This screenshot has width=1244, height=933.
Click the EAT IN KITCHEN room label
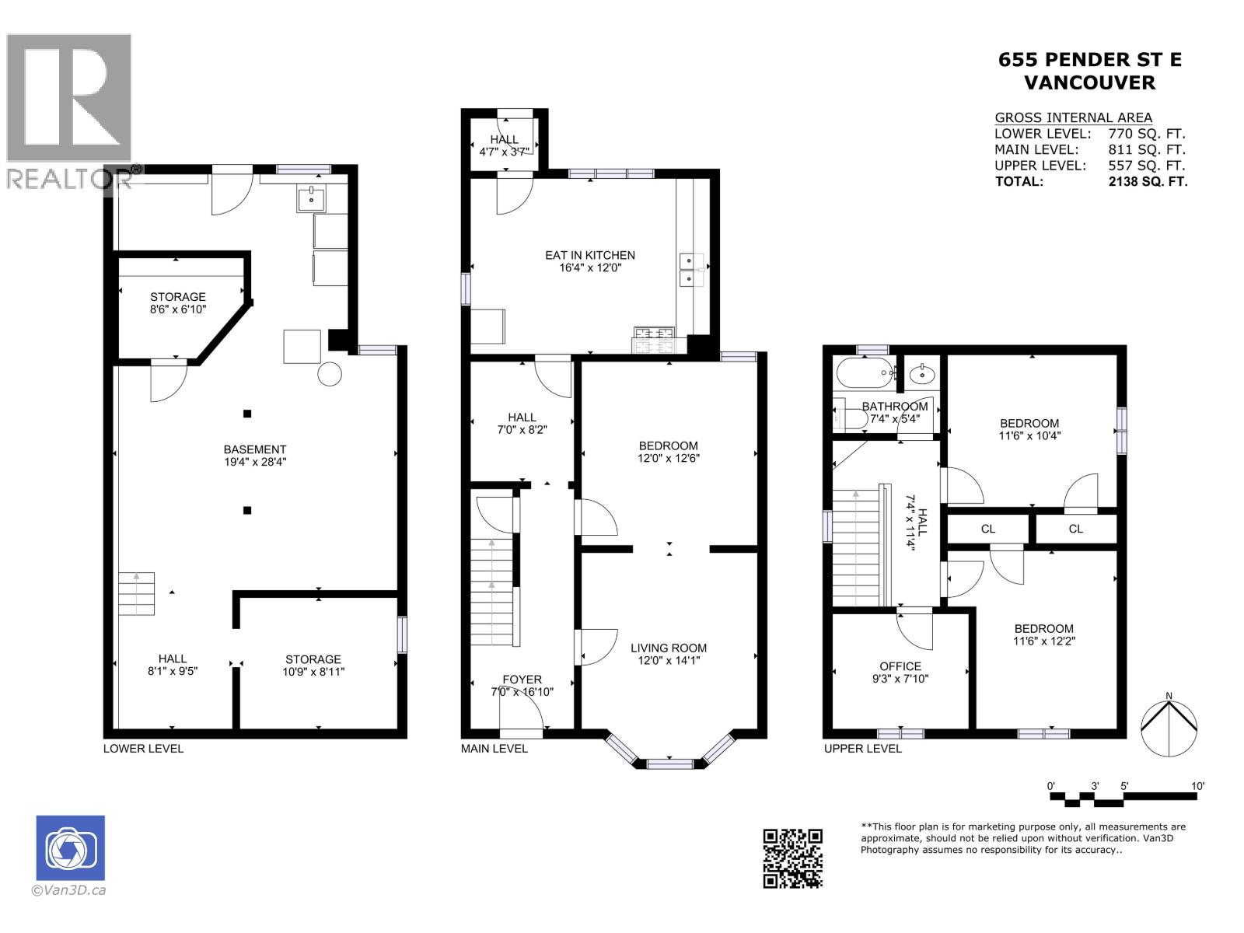(589, 255)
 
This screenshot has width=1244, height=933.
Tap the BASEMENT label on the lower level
(254, 449)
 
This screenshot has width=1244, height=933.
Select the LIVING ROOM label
(668, 648)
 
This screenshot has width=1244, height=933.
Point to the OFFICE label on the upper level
(900, 666)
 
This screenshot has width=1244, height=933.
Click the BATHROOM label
(894, 406)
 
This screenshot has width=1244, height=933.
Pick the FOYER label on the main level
(522, 680)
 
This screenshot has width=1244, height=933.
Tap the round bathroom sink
(923, 375)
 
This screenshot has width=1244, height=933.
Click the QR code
(792, 858)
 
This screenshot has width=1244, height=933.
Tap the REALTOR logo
(70, 109)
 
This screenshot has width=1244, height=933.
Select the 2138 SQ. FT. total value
(1148, 181)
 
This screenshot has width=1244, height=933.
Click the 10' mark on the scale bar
(1197, 787)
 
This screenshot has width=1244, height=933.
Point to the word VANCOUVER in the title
(1089, 82)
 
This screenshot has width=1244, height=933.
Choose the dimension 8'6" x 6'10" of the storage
(178, 309)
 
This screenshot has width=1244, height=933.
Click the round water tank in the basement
(330, 374)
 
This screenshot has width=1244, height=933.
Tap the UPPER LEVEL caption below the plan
(863, 748)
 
